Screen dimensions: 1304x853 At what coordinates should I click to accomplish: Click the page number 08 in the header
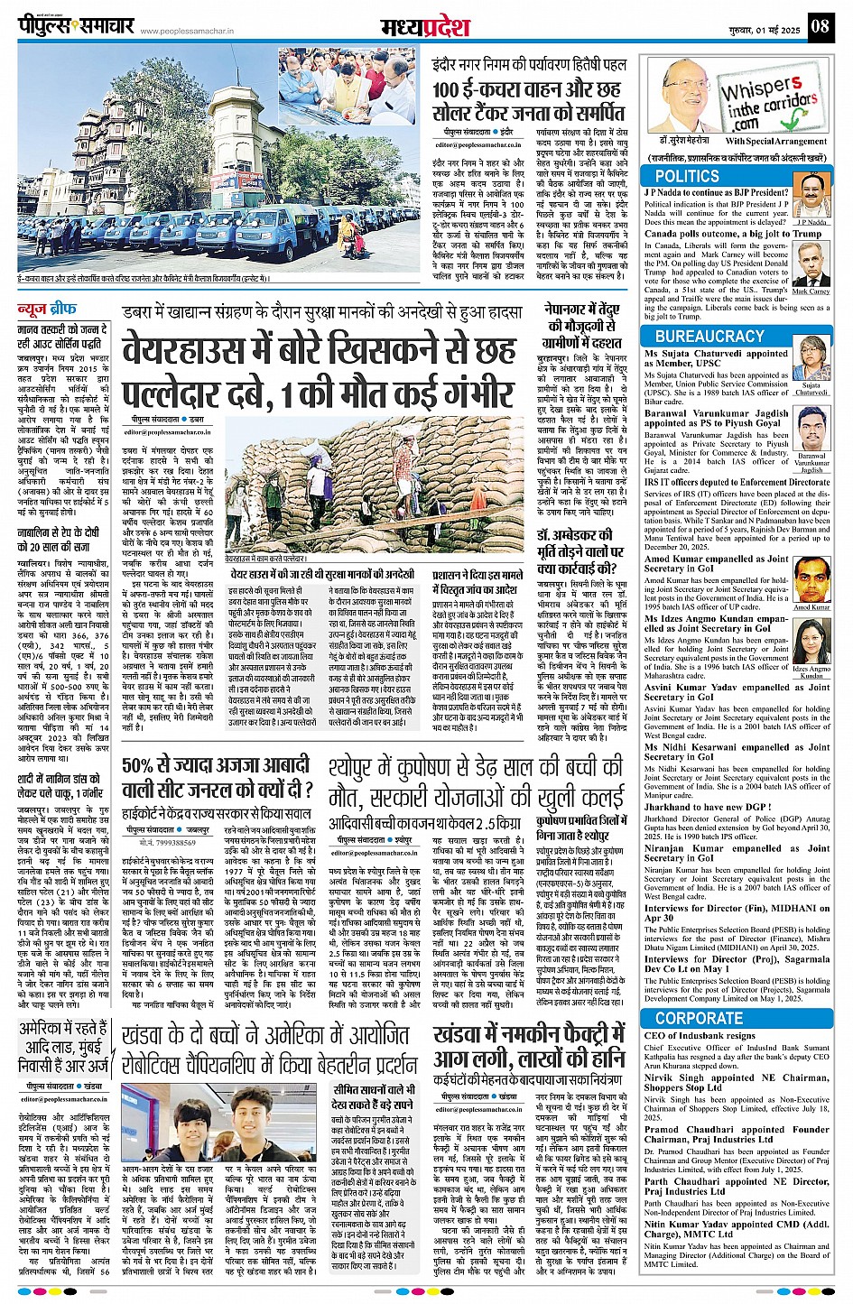[819, 26]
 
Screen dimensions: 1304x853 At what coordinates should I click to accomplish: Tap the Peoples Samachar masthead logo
[76, 25]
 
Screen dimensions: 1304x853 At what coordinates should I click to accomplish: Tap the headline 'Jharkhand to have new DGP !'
[707, 808]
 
